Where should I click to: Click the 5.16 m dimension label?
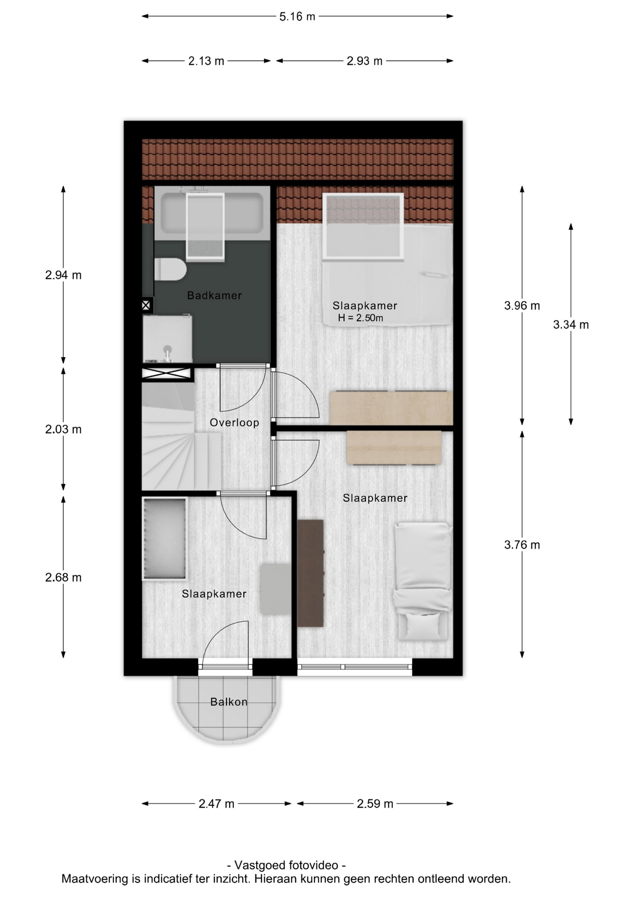[x=297, y=17]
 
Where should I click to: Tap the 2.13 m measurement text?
[x=206, y=61]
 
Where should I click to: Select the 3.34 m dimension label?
[x=571, y=325]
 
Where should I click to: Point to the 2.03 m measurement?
[x=63, y=429]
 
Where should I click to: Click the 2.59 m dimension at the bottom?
[x=375, y=804]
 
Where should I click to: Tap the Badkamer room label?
[x=214, y=295]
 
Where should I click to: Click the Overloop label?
[x=234, y=423]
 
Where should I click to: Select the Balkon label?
[x=229, y=702]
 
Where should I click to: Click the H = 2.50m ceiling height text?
[x=360, y=318]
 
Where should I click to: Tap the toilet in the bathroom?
[x=170, y=270]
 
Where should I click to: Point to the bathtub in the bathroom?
[x=212, y=214]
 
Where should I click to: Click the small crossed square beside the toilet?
[x=146, y=306]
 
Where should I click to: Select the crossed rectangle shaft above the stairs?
[x=167, y=373]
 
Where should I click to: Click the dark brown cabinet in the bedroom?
[x=310, y=573]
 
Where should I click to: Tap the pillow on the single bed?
[x=423, y=626]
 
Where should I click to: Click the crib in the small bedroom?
[x=165, y=539]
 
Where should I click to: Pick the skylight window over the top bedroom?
[x=363, y=226]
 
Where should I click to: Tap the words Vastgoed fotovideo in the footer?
[x=286, y=865]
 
